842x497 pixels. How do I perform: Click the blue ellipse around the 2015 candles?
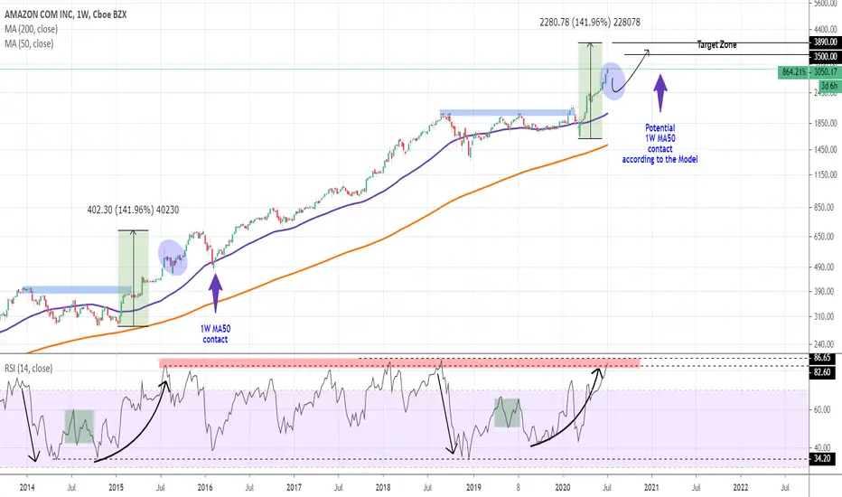point(173,258)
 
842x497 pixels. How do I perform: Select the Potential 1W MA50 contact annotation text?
point(660,144)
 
